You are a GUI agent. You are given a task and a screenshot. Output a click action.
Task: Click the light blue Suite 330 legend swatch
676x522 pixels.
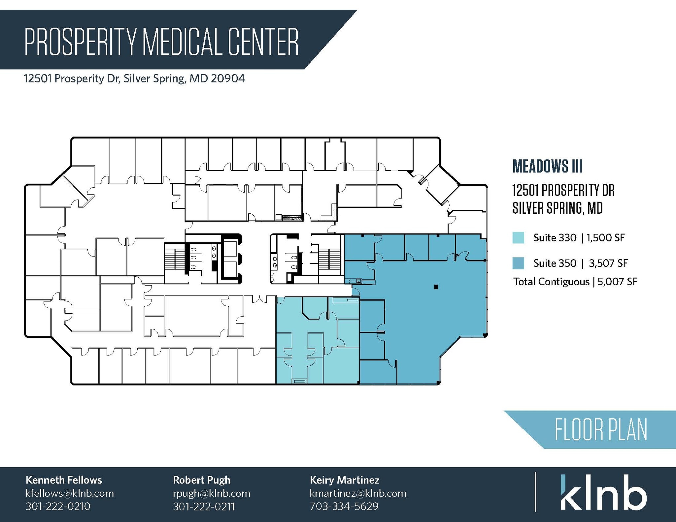(518, 238)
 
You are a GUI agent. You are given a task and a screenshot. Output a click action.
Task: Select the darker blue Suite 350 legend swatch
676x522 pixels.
(518, 263)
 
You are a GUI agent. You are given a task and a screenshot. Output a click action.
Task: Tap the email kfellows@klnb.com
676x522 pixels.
(70, 493)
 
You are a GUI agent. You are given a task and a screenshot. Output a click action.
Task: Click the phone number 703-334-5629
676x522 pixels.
(344, 506)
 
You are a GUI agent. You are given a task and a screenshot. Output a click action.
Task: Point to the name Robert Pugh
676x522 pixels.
(201, 480)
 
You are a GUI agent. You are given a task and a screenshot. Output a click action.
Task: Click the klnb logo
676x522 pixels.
(603, 493)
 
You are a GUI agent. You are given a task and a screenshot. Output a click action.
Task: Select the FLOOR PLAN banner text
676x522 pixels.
(601, 430)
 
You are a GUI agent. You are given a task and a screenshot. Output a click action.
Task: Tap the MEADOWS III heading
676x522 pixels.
(548, 166)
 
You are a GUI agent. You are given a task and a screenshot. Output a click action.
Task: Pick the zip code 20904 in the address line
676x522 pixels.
(228, 78)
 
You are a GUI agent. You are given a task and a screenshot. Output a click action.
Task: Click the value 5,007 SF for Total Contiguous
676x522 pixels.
(617, 282)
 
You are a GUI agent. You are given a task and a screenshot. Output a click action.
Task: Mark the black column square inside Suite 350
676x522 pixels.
(436, 287)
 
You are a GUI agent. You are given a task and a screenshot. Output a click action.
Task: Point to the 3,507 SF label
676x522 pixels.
(608, 263)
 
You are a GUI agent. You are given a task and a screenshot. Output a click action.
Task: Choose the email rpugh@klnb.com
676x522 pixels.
(212, 493)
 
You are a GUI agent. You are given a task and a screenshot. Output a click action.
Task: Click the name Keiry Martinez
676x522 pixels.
(344, 480)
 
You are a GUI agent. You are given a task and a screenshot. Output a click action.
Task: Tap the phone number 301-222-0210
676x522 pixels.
(58, 506)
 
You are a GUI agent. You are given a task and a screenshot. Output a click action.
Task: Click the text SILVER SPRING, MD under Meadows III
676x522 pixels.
(558, 208)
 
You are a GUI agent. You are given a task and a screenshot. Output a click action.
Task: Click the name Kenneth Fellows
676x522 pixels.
(64, 480)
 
